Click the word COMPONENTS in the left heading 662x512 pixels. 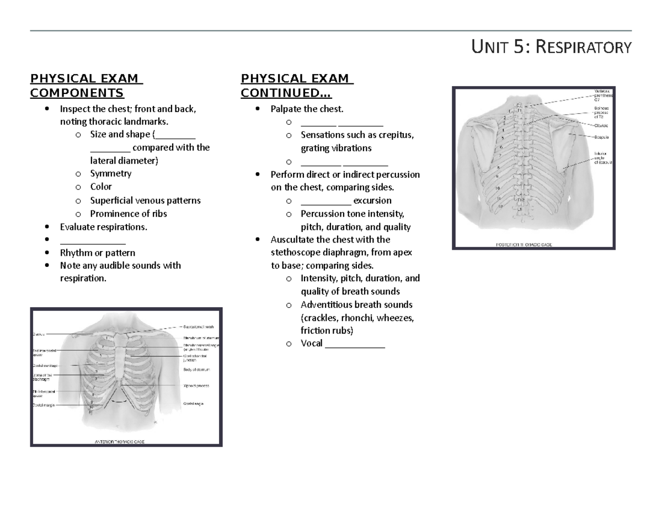pyautogui.click(x=77, y=92)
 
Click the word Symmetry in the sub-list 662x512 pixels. pyautogui.click(x=111, y=173)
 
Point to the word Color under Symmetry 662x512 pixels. pyautogui.click(x=101, y=187)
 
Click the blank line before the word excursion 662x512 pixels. pyautogui.click(x=325, y=200)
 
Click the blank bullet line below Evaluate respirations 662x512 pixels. pyautogui.click(x=93, y=240)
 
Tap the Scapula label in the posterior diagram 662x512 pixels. pyautogui.click(x=601, y=136)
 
